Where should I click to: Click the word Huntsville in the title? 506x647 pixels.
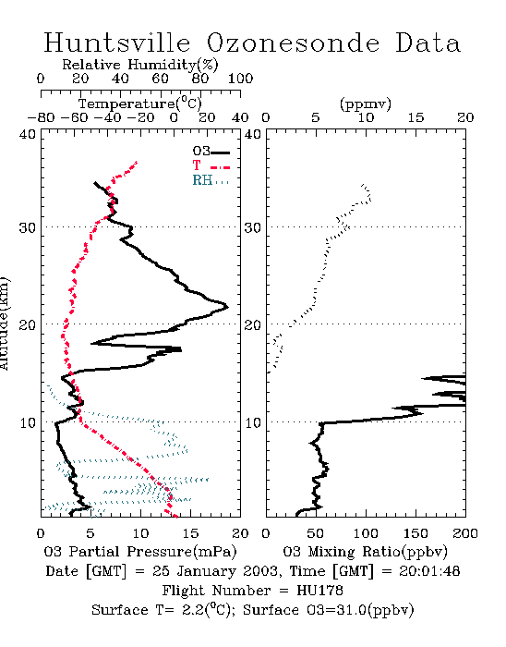point(117,43)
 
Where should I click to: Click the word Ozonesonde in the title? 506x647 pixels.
point(293,43)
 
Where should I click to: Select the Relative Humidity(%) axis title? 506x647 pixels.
point(140,65)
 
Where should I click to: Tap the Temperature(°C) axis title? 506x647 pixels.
point(140,104)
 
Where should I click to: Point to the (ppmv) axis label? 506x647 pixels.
point(366,104)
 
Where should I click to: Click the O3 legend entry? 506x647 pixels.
point(211,152)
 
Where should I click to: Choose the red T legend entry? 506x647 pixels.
point(211,165)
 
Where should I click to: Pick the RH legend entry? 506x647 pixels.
point(211,180)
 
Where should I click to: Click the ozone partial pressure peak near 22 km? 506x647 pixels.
point(227,307)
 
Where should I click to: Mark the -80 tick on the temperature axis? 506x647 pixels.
point(41,117)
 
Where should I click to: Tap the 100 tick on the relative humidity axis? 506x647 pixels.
point(240,79)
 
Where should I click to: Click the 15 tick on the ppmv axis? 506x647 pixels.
point(416,117)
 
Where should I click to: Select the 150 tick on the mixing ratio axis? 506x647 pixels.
point(416,533)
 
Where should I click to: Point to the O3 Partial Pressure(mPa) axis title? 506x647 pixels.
point(140,552)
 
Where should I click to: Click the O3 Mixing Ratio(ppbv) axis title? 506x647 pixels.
point(365,552)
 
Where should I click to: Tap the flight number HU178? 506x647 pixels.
point(319,591)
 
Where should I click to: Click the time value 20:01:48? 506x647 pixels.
point(429,571)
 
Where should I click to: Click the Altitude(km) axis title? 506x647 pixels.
point(4,323)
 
